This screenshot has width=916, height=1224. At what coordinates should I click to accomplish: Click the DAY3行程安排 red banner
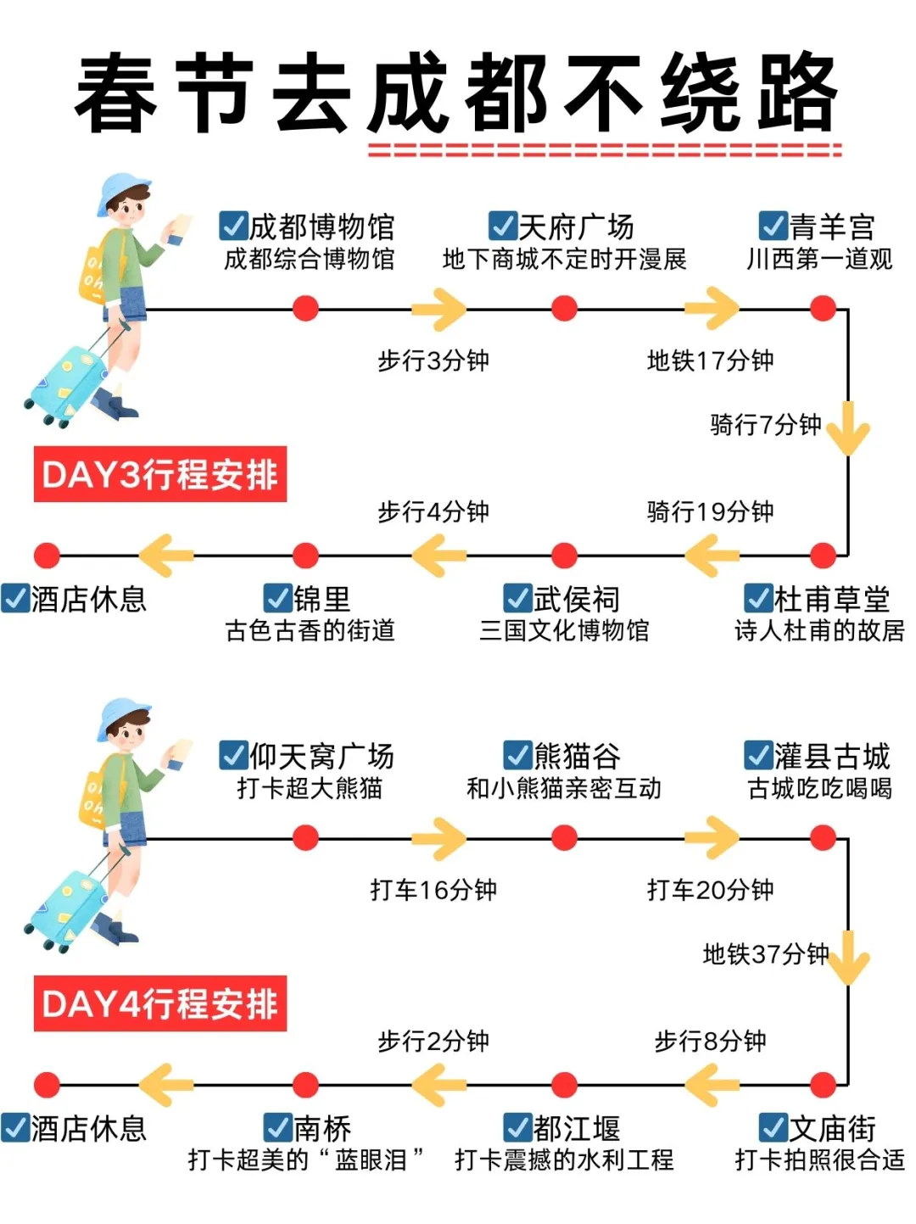(x=160, y=474)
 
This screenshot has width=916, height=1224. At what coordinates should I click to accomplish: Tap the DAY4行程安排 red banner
(x=160, y=1003)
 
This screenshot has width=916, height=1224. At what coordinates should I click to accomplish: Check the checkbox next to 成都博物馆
(x=233, y=226)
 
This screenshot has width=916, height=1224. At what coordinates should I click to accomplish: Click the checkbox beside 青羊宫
(x=773, y=226)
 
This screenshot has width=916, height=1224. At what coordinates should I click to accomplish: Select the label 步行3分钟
(x=433, y=360)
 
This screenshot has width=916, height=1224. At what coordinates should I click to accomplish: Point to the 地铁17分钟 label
(x=710, y=360)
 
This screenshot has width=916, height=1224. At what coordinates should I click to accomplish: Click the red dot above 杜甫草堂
(x=823, y=556)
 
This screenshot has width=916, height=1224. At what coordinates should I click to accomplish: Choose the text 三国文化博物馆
(x=564, y=630)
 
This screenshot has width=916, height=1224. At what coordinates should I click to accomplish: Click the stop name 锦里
(x=322, y=599)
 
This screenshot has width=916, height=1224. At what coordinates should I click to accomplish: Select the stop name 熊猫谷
(x=577, y=756)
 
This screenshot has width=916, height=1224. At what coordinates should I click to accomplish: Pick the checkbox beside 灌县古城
(x=757, y=756)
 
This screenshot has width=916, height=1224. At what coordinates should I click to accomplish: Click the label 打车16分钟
(x=433, y=890)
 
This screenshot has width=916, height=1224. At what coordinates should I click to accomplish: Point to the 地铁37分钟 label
(x=765, y=954)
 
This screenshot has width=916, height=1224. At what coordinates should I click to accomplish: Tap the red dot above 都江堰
(x=564, y=1085)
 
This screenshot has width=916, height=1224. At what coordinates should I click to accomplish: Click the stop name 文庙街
(x=832, y=1128)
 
